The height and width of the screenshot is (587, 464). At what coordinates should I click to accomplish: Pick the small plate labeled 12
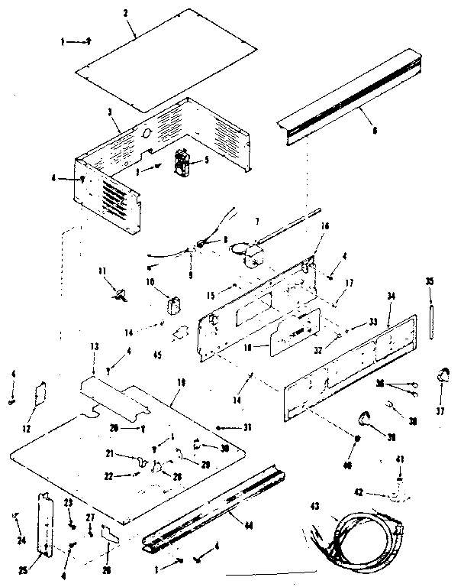(44, 396)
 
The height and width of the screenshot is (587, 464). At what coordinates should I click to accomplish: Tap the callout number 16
(324, 227)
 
